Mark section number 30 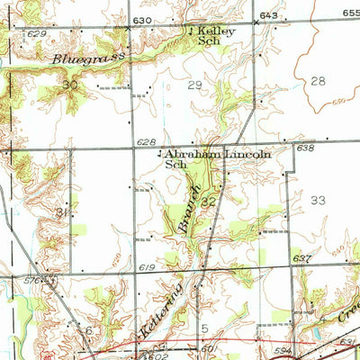pos(70,85)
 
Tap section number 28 pos(317,81)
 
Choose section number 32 pos(208,202)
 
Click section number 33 pos(317,200)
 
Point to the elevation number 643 pos(269,16)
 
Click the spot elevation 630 pos(143,19)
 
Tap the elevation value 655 pos(350,15)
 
